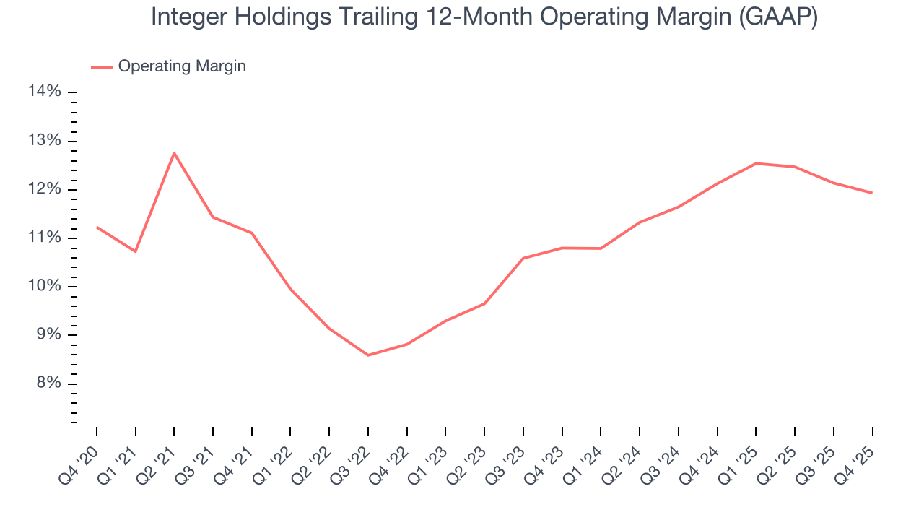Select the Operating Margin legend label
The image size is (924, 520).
(x=182, y=66)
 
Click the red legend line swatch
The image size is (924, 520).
(x=102, y=67)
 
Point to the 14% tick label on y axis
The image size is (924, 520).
(x=44, y=91)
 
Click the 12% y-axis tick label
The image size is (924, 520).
(x=44, y=189)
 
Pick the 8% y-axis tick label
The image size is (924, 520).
(x=48, y=383)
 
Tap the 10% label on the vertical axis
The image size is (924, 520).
(x=44, y=286)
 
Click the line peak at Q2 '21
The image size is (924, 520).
(x=174, y=152)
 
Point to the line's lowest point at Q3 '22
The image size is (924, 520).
(x=368, y=355)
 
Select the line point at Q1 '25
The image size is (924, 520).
(x=756, y=163)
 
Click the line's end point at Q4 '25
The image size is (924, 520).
(x=872, y=193)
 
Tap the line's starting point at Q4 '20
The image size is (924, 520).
(x=97, y=227)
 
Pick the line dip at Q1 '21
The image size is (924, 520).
(x=135, y=251)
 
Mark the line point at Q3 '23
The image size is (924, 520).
(x=523, y=258)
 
